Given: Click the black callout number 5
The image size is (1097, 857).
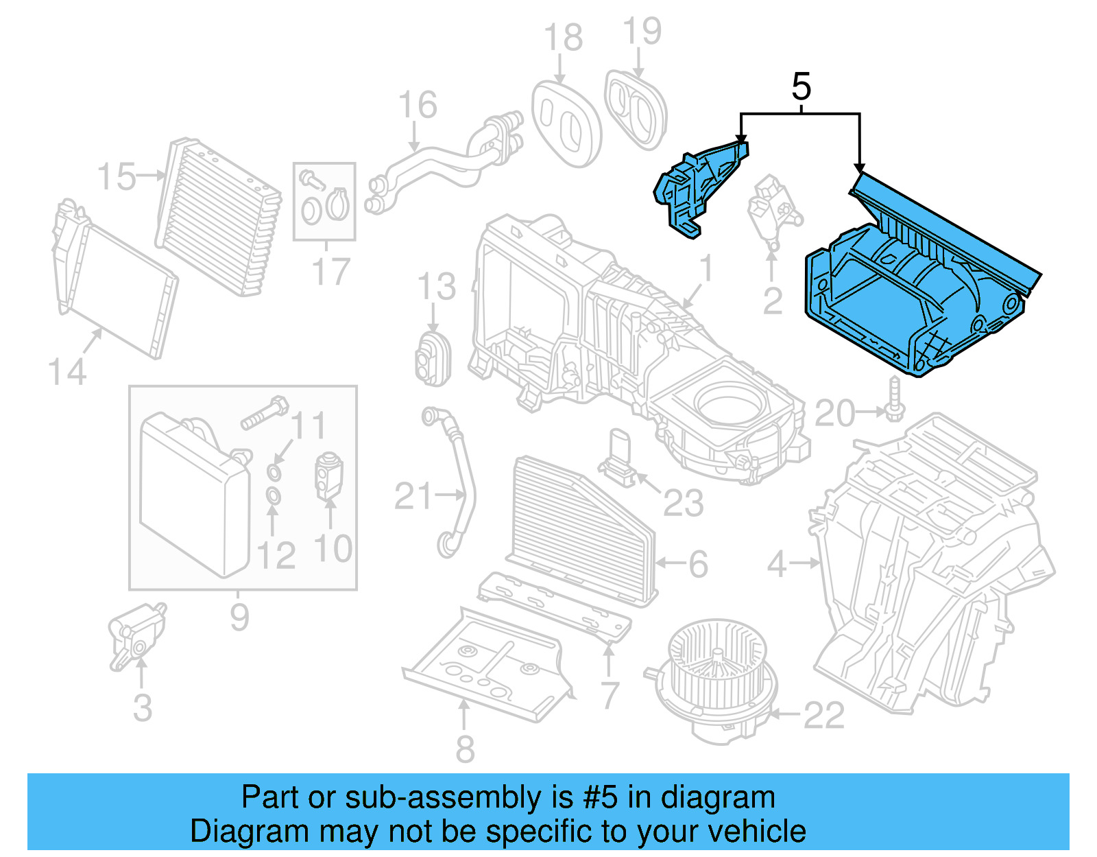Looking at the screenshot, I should [x=801, y=87].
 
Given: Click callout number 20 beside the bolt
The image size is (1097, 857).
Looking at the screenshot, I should [x=834, y=414].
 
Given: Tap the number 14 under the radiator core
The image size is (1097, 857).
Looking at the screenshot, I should [x=67, y=373].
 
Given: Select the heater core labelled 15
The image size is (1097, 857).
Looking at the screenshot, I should [x=218, y=216].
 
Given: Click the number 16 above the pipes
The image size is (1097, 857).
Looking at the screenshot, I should [x=417, y=105].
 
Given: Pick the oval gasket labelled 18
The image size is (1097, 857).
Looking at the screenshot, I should [x=566, y=124].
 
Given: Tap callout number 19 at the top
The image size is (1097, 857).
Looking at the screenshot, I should [x=642, y=32].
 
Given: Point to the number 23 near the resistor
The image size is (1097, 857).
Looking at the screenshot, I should [x=683, y=504].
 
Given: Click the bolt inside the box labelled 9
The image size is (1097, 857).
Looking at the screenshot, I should [x=265, y=414].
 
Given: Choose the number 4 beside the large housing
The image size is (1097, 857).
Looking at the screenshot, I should [x=776, y=564].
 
